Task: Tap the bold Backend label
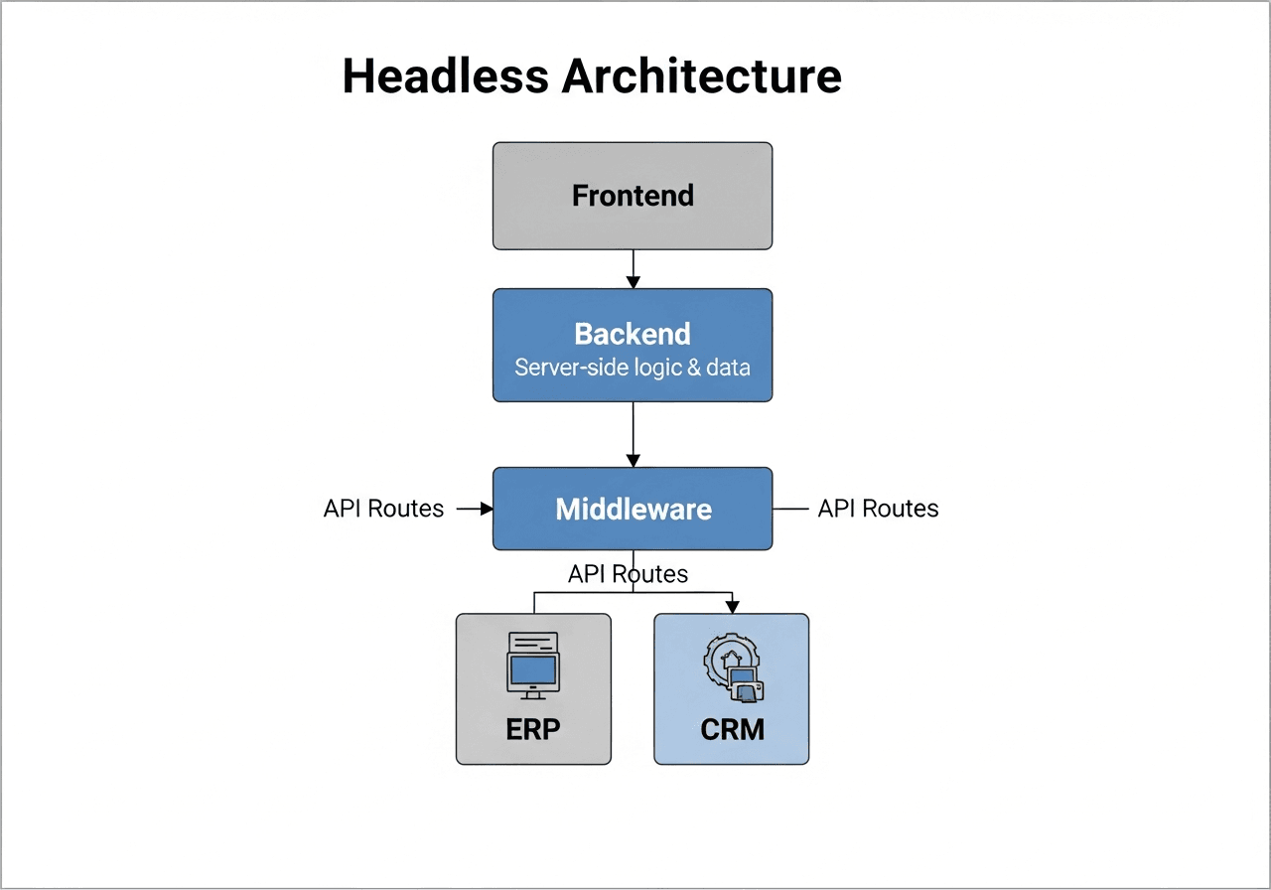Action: pos(633,333)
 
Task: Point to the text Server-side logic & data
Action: pos(633,368)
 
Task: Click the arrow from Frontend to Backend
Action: pos(633,268)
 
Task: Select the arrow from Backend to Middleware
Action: pos(633,433)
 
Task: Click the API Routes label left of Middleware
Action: pos(383,509)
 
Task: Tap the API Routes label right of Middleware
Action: pos(878,509)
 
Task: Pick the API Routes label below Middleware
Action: pos(628,574)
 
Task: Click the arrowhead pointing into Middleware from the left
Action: pos(487,509)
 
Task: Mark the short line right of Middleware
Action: pos(790,509)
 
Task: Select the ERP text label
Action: pos(533,729)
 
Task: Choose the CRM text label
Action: pos(732,729)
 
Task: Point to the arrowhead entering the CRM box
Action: pos(732,606)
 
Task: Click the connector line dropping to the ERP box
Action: pos(534,602)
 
